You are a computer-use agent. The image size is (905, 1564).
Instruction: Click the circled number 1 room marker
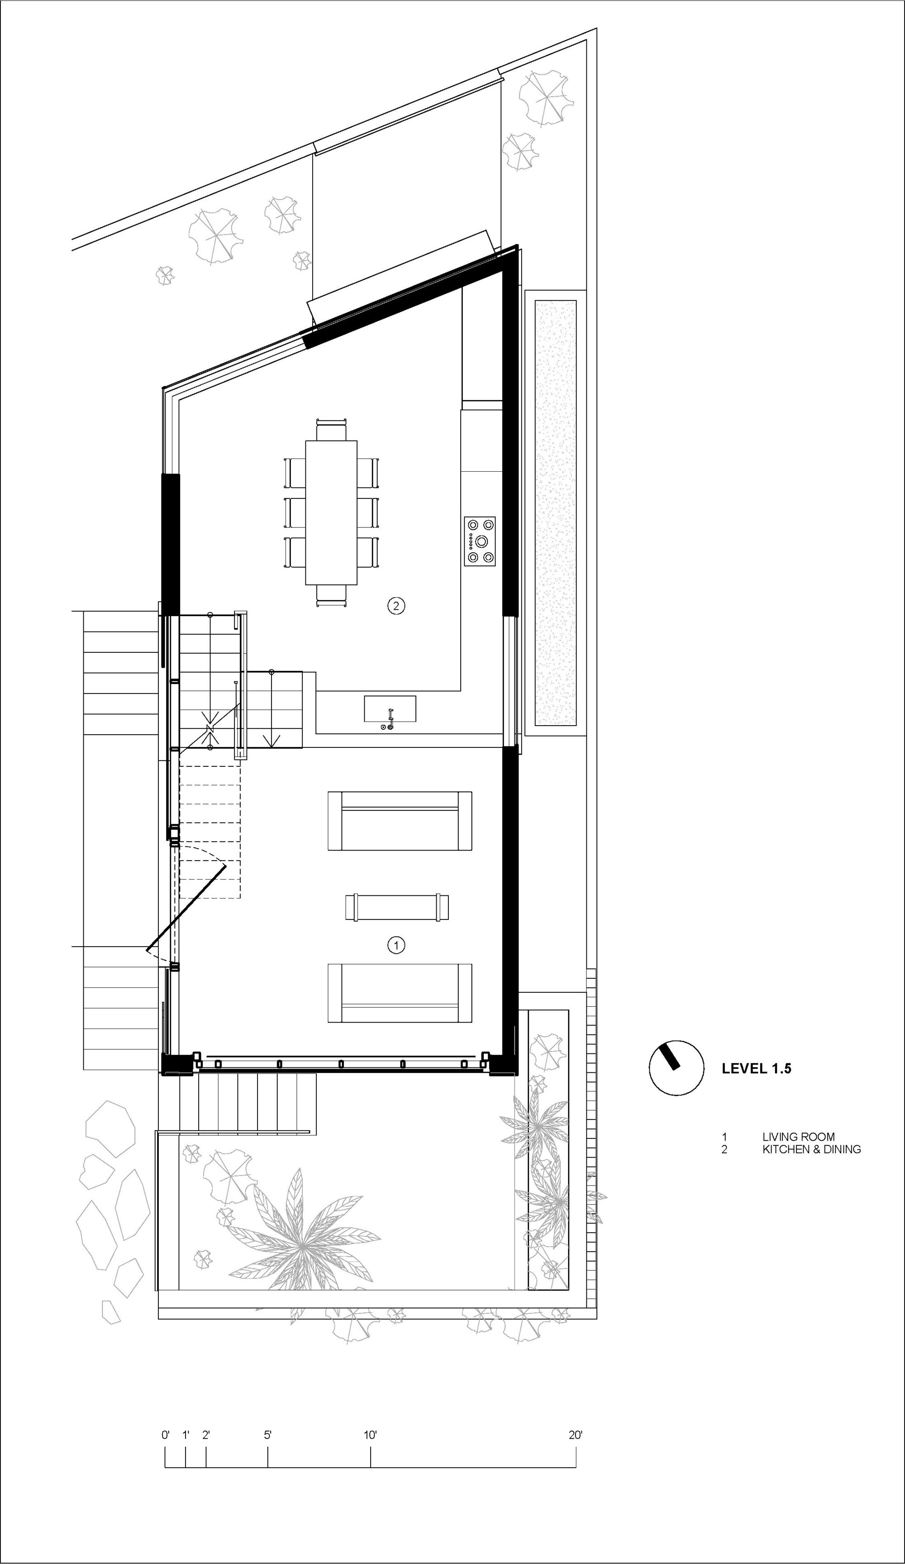(x=396, y=945)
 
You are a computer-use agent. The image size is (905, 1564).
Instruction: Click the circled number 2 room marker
(x=396, y=605)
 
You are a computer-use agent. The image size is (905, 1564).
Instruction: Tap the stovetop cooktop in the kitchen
(x=481, y=540)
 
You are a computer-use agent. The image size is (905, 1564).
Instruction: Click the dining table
(x=331, y=512)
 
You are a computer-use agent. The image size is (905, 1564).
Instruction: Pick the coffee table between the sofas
(x=397, y=907)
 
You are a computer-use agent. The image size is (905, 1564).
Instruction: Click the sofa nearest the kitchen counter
(x=400, y=821)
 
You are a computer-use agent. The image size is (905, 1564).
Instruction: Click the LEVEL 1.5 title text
(x=756, y=1069)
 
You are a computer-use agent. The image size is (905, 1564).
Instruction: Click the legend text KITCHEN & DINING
(x=811, y=1149)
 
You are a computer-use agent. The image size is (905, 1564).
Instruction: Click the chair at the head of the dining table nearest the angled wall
(x=331, y=430)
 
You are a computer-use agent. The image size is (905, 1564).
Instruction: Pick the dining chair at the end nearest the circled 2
(x=331, y=595)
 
